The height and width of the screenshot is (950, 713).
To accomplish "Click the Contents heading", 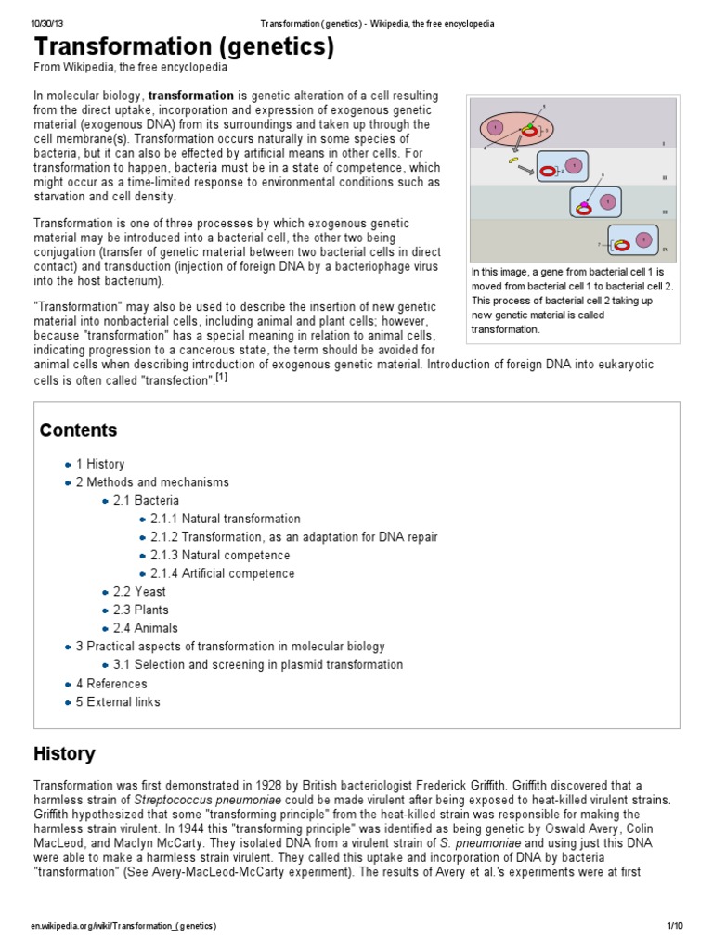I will point(78,430).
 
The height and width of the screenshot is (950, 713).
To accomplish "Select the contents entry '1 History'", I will point(99,464).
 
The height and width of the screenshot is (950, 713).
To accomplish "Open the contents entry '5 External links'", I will point(117,701).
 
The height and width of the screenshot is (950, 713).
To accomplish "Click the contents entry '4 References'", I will point(111,684).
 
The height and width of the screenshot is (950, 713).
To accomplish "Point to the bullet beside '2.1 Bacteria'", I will point(105,501).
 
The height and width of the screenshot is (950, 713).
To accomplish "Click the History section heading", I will point(64,753).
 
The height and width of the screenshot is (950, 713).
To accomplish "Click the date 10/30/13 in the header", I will point(45,23).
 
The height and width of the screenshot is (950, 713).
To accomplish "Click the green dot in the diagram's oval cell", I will point(529,125).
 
